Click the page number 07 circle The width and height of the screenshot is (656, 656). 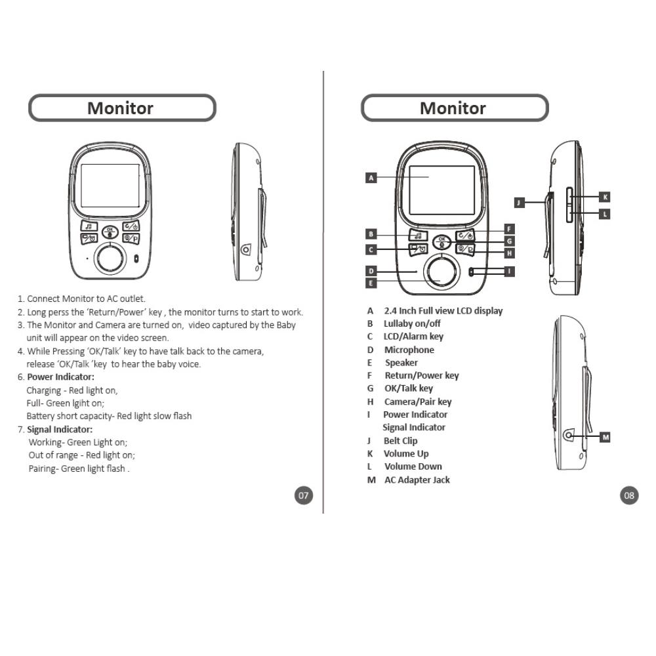tap(303, 495)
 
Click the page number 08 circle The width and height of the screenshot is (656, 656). tap(629, 495)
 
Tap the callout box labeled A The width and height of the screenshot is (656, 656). tap(371, 177)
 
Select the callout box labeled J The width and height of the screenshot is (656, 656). tap(519, 203)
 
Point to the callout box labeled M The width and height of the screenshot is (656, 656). tap(605, 437)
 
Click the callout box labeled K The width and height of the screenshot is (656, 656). tap(605, 196)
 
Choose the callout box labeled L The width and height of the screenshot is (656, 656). tap(605, 213)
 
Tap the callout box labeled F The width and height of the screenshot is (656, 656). tap(509, 229)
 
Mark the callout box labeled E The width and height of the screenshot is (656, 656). tap(371, 283)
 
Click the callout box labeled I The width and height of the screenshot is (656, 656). tap(509, 270)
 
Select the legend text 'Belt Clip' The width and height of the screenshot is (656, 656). tap(400, 441)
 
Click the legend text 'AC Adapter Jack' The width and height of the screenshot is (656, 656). tap(417, 480)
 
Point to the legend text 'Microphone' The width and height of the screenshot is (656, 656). tap(409, 350)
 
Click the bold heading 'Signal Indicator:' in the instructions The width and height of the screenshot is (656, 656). tap(60, 429)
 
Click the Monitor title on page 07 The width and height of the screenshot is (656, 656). tap(121, 108)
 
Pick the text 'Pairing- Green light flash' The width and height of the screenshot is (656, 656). tap(78, 468)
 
